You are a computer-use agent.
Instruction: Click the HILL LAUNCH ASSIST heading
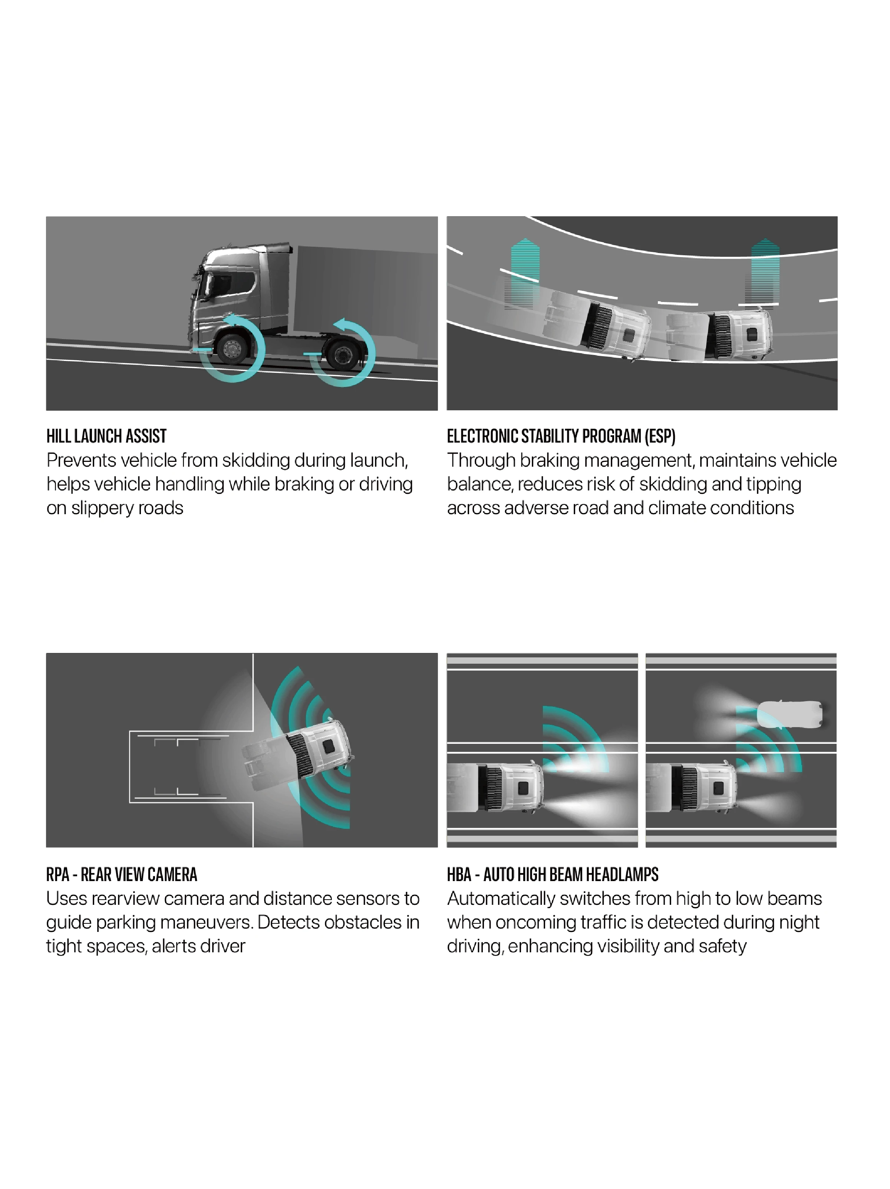tap(106, 436)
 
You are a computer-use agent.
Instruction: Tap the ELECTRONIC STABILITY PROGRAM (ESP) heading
tap(561, 436)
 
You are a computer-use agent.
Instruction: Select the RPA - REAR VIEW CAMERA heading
tap(122, 874)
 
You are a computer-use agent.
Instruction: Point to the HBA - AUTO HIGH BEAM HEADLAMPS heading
tap(553, 874)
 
